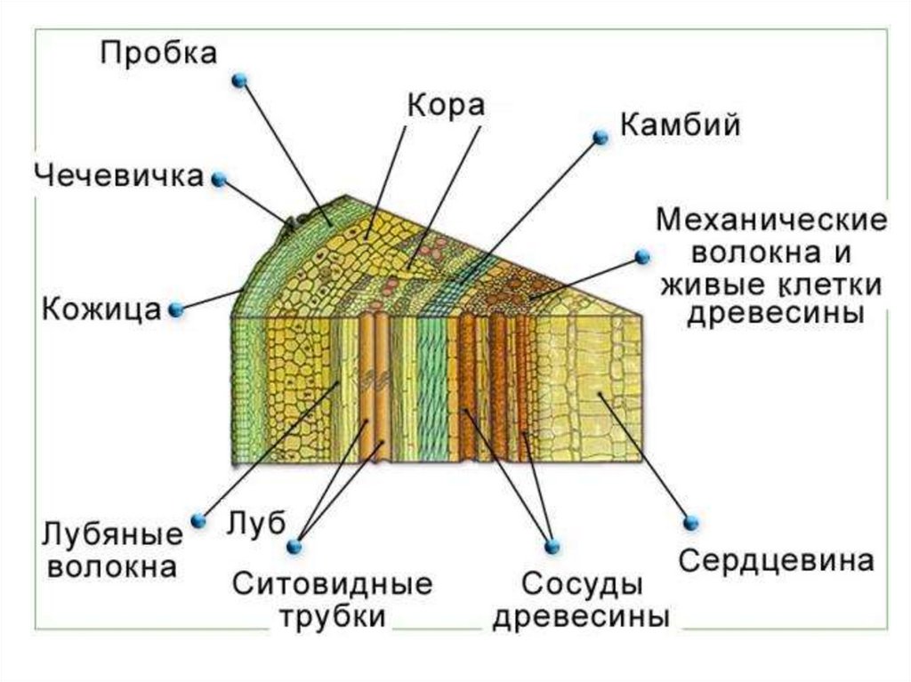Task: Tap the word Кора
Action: click(446, 105)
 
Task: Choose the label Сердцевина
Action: click(777, 561)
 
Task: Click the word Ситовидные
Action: click(333, 584)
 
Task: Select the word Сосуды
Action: click(582, 584)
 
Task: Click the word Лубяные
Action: click(112, 535)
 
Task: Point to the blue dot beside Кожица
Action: click(175, 309)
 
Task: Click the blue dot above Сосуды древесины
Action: click(551, 544)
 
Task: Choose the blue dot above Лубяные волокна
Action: click(198, 520)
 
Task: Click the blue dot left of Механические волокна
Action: click(641, 256)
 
